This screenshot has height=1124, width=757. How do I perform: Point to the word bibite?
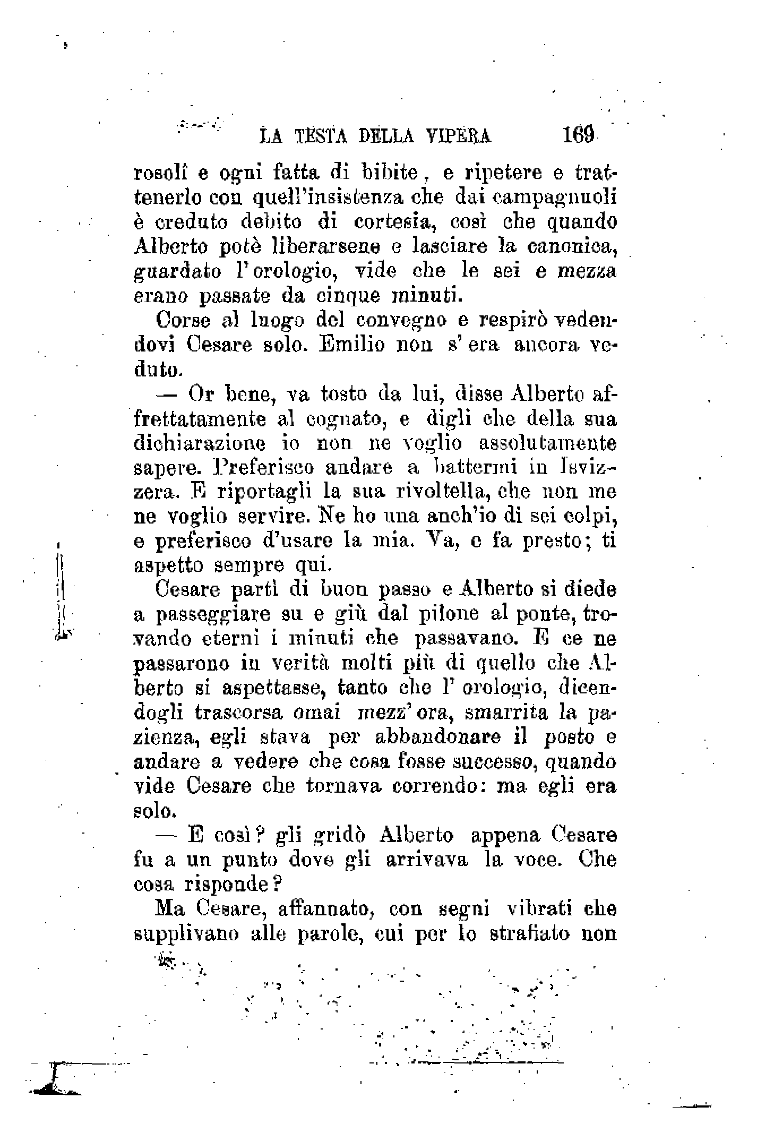pos(392,173)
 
